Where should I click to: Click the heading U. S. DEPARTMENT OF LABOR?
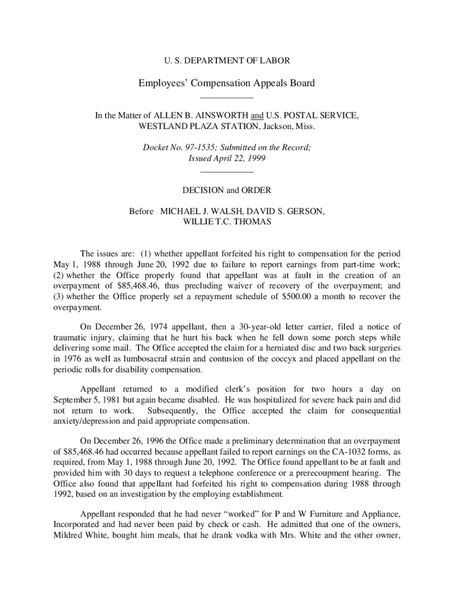(226, 60)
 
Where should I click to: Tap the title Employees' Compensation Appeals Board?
(226, 83)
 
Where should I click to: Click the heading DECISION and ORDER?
(226, 190)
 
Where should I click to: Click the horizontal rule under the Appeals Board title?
(226, 97)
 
